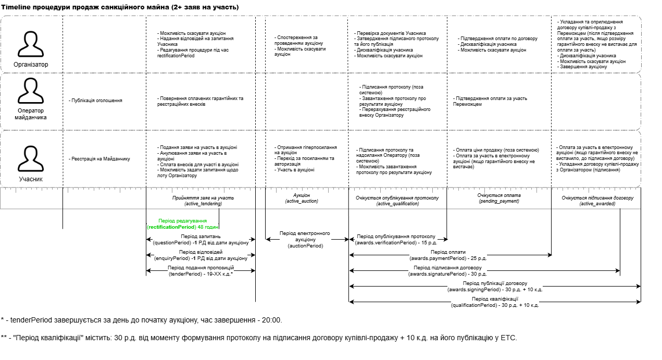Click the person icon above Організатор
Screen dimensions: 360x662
coord(31,44)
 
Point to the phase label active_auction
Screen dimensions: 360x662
coord(302,201)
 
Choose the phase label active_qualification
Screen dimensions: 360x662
coord(397,204)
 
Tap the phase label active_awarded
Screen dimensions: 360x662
coord(597,204)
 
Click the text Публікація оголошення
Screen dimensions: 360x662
coord(95,100)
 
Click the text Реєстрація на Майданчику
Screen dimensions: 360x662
coord(99,159)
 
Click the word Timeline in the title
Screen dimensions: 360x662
coord(18,7)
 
